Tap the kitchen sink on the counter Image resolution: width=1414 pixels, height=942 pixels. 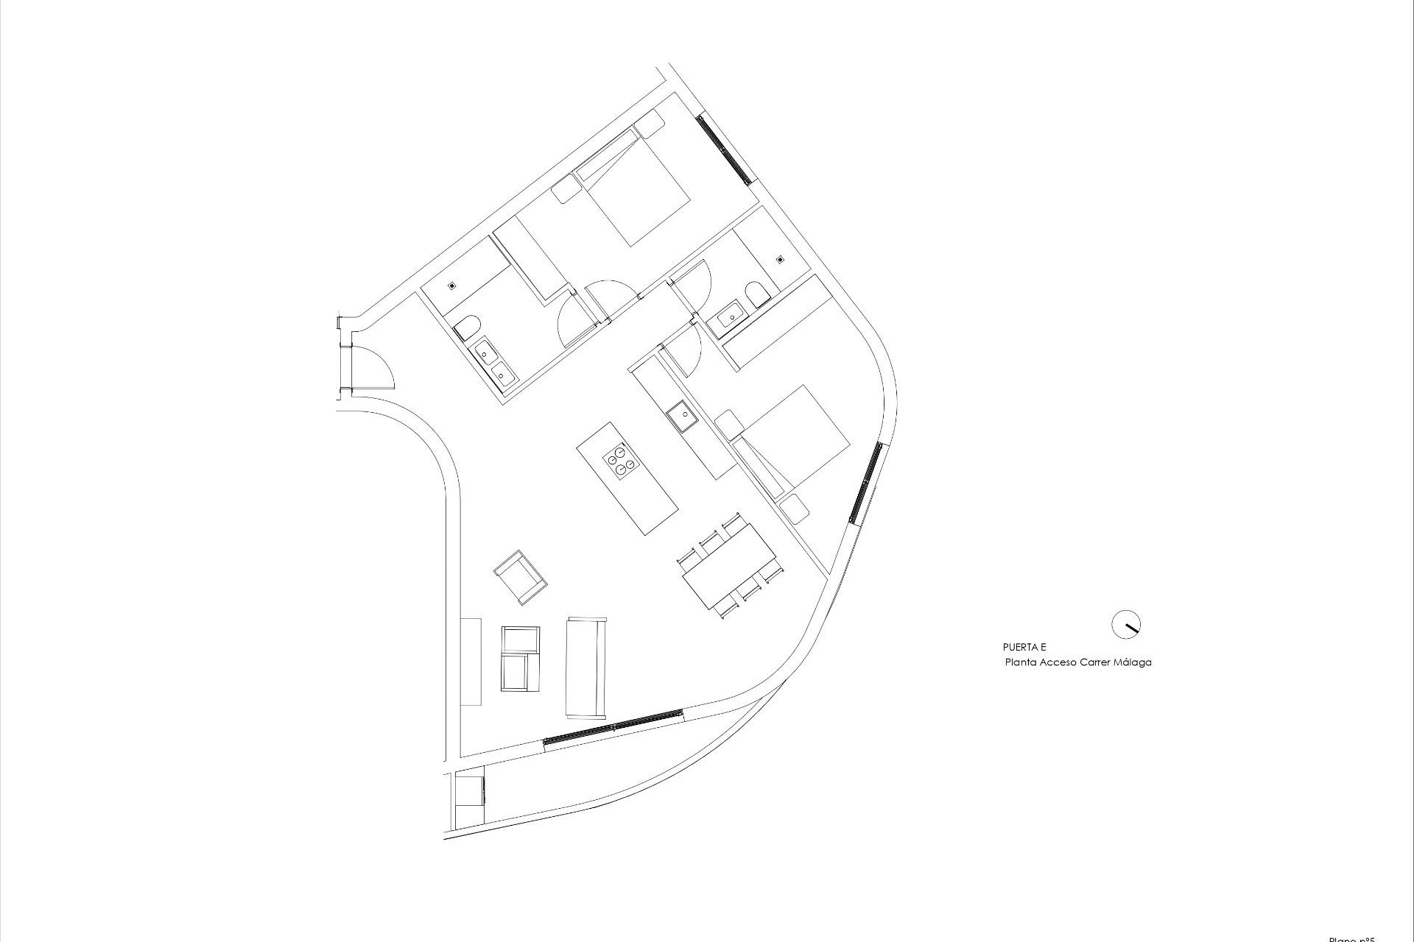[683, 417]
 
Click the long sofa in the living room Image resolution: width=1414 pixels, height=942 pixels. [586, 667]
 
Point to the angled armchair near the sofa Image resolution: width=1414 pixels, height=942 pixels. [520, 577]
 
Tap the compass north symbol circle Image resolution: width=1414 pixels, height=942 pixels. [1125, 623]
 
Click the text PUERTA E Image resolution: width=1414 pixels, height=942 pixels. [1024, 648]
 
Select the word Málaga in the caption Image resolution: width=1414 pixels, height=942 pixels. [1133, 662]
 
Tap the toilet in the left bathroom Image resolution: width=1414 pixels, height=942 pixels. [467, 327]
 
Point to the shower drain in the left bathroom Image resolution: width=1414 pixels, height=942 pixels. [451, 283]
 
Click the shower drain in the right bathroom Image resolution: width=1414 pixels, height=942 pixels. [780, 259]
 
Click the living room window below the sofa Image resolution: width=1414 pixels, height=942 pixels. [613, 729]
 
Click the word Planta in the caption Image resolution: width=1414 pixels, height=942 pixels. [1021, 662]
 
